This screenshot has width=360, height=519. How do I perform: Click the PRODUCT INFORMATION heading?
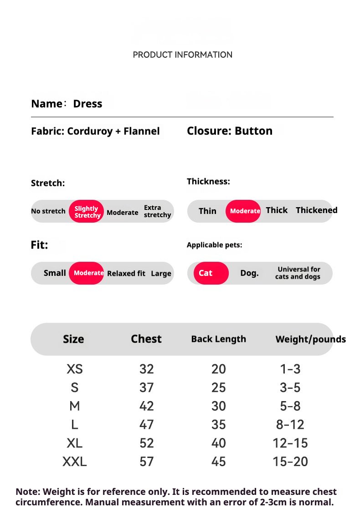182,55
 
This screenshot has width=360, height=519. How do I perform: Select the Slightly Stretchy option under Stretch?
87,212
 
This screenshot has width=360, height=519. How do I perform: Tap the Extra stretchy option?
157,211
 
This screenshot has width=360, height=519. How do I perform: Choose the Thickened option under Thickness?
316,210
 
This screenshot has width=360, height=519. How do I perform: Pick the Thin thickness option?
207,211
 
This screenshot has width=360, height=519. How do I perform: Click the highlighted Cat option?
206,273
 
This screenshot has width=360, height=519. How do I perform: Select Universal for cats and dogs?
298,273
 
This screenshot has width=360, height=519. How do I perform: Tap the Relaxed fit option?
126,274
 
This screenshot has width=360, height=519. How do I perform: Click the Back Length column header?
218,339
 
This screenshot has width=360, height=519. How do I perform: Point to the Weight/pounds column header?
310,339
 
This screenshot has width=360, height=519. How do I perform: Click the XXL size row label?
74,462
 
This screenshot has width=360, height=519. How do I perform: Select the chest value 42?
147,406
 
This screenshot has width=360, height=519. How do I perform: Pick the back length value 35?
219,425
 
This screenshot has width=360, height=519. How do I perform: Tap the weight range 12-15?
290,443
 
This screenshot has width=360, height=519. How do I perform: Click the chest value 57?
147,462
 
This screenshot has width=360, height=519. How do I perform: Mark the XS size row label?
74,369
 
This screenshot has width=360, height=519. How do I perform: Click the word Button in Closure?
253,131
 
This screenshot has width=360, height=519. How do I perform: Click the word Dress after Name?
87,104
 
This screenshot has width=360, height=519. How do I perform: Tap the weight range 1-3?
290,369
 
